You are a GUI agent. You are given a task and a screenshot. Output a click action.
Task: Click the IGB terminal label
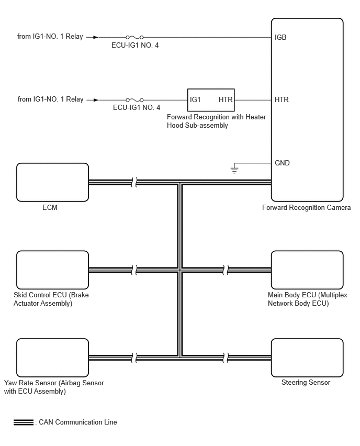pos(280,37)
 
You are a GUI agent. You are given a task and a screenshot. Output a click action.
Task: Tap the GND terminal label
pos(282,163)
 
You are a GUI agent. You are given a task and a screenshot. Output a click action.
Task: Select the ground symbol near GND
pos(234,170)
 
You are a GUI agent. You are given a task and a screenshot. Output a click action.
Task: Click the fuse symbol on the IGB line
pos(134,37)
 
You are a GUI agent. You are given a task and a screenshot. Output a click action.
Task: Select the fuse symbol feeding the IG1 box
pos(134,100)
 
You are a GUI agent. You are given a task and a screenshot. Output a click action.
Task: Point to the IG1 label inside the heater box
pos(195,99)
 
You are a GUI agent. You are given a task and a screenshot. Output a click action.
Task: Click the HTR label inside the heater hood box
pos(226,99)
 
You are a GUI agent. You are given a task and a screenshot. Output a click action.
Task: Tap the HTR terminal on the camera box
pos(282,99)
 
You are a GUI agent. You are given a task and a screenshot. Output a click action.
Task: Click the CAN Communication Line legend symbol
pos(24,422)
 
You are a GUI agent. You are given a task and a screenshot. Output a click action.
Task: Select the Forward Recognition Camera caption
pos(306,208)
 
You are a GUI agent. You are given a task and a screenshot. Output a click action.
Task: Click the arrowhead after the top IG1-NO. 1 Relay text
pos(96,37)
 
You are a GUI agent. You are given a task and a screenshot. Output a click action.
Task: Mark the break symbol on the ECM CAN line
pos(134,182)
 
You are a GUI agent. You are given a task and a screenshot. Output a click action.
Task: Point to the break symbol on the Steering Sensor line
pos(225,358)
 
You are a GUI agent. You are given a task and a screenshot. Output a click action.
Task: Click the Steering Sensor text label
pos(306,383)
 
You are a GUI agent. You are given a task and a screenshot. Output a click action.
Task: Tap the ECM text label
pos(50,207)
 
